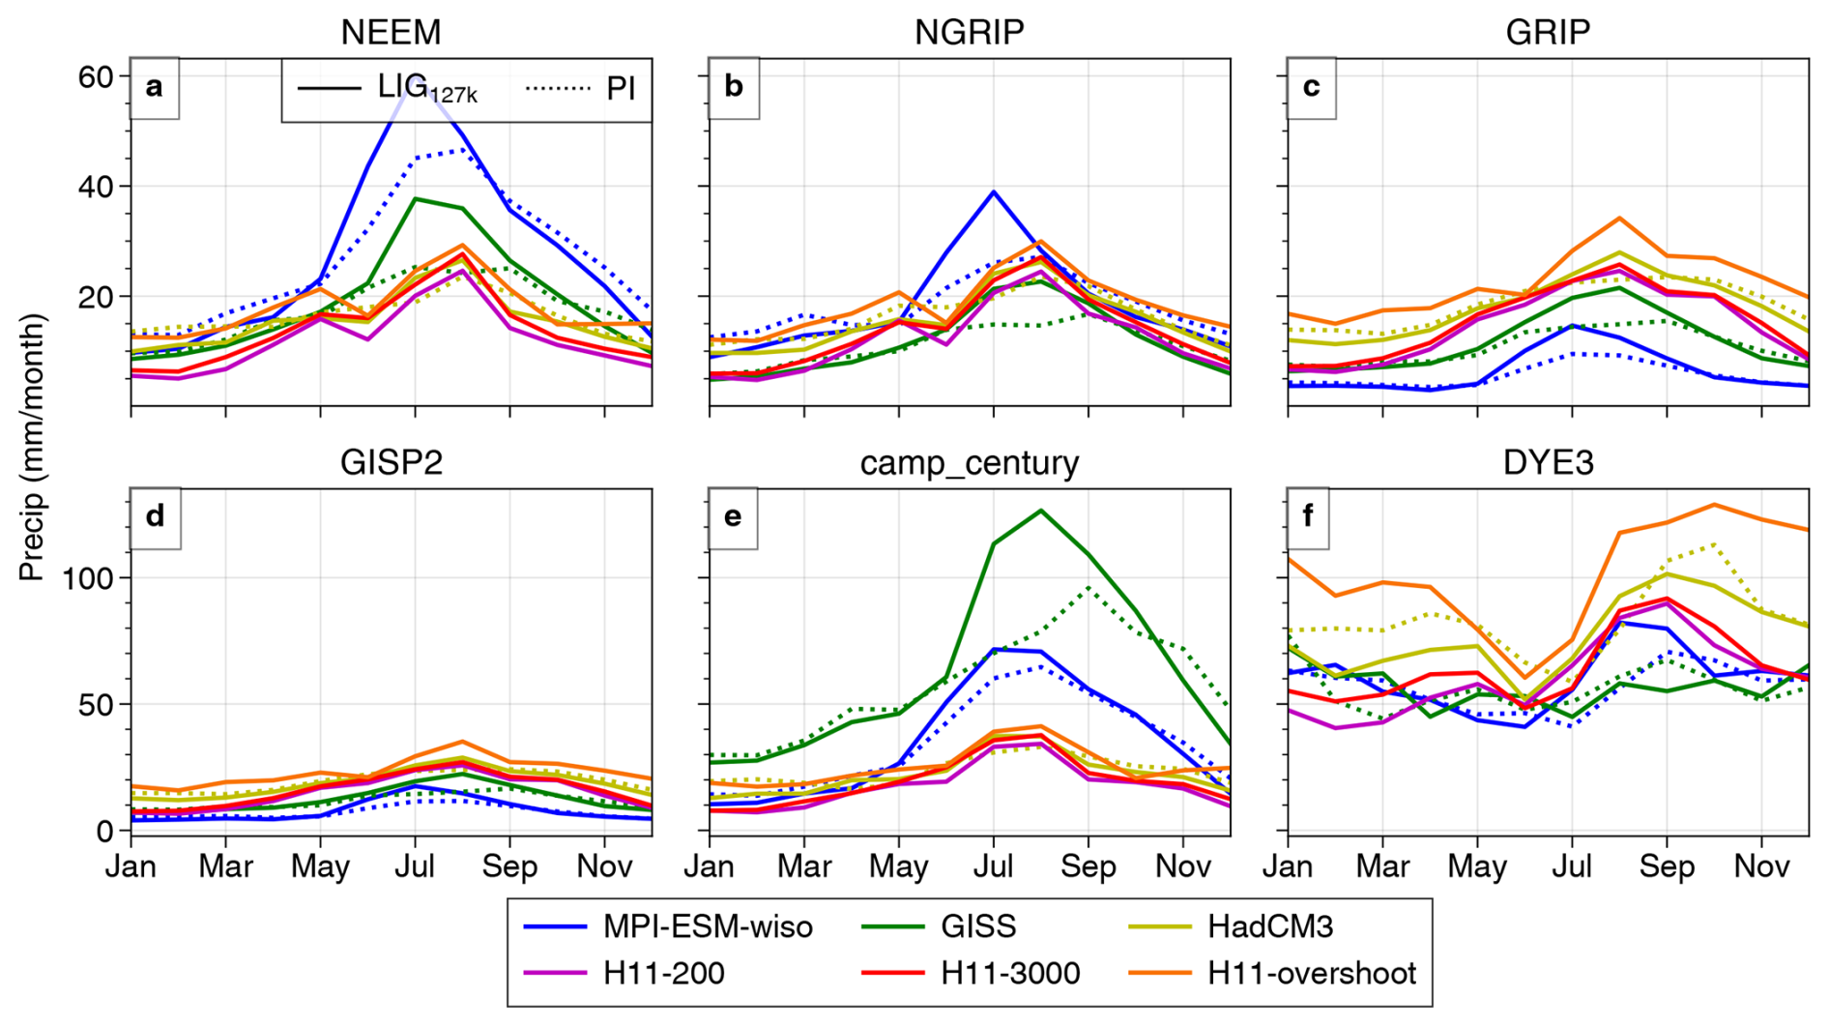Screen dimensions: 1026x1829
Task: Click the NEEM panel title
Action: click(391, 32)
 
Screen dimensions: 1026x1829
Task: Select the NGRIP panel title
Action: click(969, 32)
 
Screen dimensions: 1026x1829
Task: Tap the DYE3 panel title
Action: click(1548, 462)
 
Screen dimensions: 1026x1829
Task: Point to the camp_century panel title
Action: click(969, 462)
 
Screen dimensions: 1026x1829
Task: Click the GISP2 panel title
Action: click(391, 462)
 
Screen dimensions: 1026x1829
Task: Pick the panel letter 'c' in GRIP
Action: click(1311, 87)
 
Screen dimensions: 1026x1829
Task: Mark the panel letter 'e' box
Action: click(733, 517)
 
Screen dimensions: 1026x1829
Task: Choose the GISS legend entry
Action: click(977, 926)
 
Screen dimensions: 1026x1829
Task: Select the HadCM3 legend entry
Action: click(1269, 926)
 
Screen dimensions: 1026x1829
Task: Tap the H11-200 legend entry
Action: click(663, 973)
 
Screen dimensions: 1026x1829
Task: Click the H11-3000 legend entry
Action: click(1009, 973)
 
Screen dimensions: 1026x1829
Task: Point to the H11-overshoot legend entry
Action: click(1311, 973)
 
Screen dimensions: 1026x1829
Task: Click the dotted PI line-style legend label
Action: click(620, 89)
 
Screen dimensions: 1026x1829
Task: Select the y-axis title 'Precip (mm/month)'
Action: click(32, 447)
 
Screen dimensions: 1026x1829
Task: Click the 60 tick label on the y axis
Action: click(96, 76)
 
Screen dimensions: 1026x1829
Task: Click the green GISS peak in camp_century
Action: click(1040, 510)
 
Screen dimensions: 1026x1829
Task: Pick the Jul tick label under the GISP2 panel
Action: click(415, 866)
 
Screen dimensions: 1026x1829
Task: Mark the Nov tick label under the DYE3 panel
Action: click(1761, 866)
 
